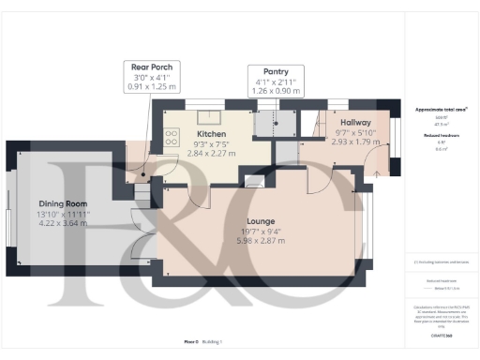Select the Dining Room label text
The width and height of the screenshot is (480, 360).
63,203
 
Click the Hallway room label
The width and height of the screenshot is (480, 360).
355,124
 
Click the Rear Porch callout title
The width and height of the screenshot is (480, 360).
151,67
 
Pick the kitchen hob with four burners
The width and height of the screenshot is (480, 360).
172,137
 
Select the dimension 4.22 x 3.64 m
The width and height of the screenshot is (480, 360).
63,225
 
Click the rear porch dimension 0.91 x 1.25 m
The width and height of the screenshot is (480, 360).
151,87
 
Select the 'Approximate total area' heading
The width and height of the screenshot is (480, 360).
442,110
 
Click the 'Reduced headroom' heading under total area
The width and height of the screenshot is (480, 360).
442,135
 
